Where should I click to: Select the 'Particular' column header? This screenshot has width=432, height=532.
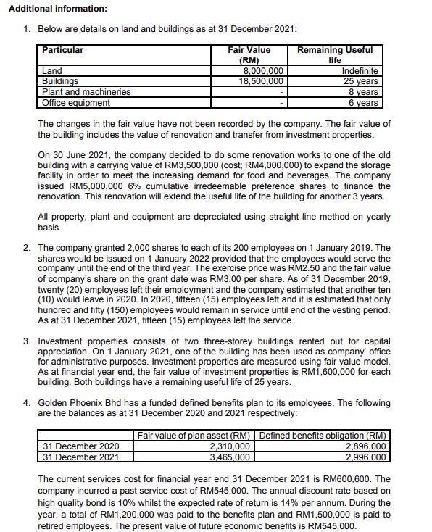pos(62,50)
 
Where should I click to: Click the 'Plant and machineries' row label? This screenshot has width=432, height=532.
pos(86,92)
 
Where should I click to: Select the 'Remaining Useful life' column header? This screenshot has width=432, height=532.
pos(335,54)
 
